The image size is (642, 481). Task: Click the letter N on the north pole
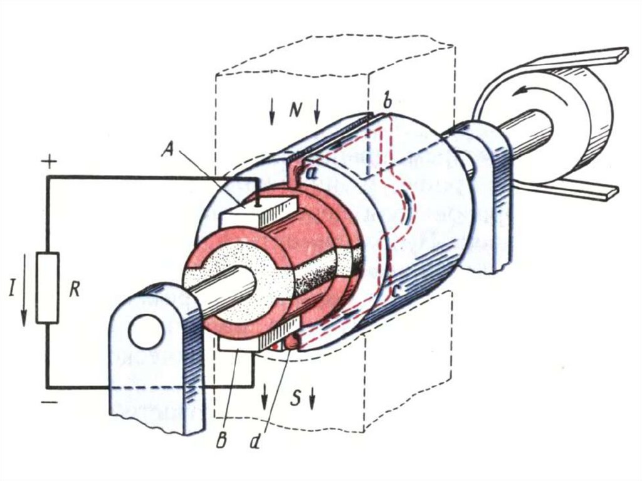(x=295, y=110)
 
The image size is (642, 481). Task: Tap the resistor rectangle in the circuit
(x=48, y=288)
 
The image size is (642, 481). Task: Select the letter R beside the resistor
(x=75, y=290)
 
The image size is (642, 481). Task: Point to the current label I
(x=12, y=290)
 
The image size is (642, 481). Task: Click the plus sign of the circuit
(x=50, y=162)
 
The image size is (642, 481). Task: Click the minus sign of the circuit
(x=50, y=403)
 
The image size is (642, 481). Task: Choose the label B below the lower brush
(x=221, y=441)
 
